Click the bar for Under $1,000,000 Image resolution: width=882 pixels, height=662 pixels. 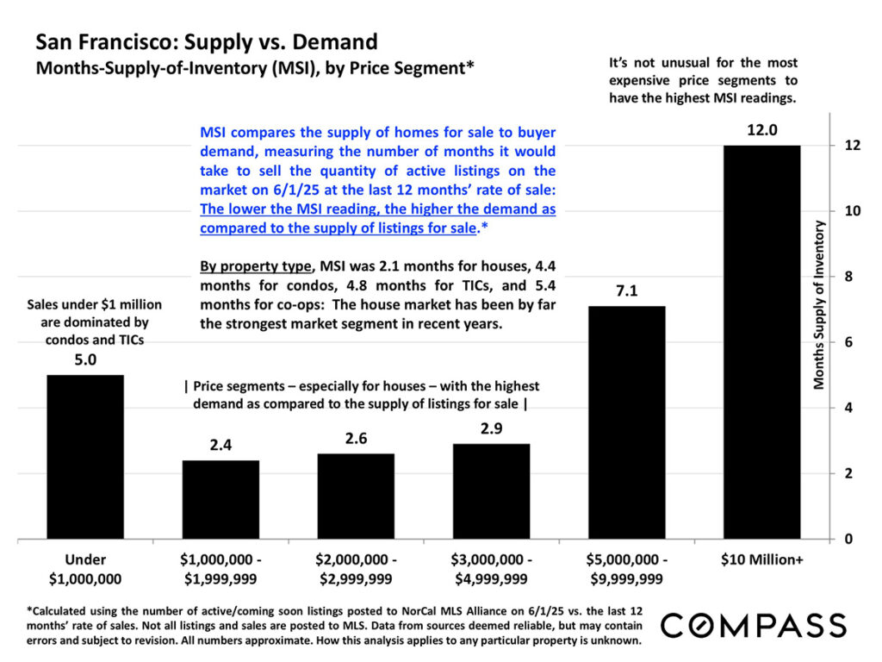(x=86, y=457)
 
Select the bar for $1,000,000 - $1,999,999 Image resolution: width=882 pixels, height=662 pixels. (x=221, y=499)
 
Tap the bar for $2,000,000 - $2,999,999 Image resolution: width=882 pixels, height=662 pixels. (x=357, y=496)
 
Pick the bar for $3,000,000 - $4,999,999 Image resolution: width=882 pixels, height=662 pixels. (x=492, y=491)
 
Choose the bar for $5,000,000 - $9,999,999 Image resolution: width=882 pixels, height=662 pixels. (x=627, y=422)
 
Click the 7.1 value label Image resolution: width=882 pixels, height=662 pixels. (x=627, y=291)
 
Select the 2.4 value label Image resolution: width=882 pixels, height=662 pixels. (x=221, y=446)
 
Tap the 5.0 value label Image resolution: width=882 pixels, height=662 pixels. (x=86, y=360)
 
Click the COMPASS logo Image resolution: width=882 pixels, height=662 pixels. (x=754, y=624)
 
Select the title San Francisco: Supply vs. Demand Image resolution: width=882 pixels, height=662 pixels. (x=206, y=41)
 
